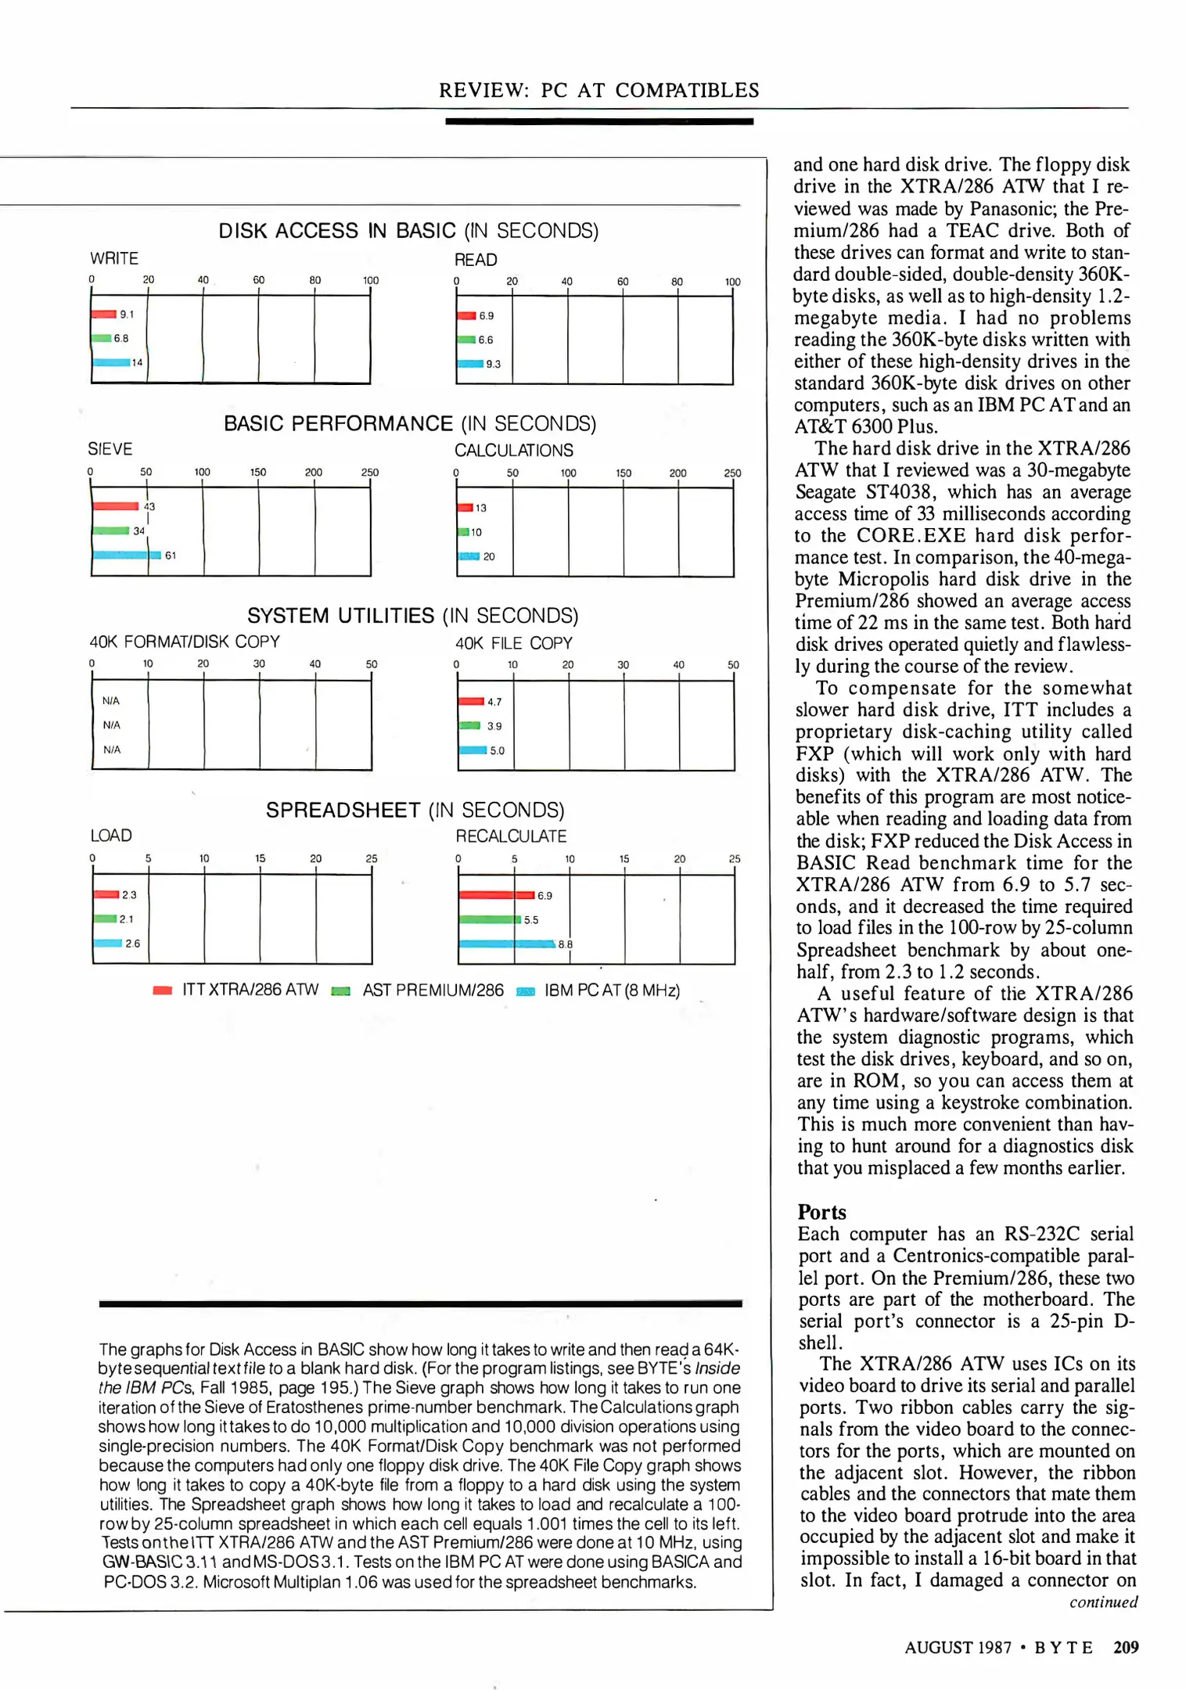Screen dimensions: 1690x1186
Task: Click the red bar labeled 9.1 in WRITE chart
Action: [104, 315]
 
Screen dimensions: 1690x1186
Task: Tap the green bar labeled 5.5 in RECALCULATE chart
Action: [489, 919]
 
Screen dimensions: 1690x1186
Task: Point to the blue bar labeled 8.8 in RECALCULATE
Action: [507, 944]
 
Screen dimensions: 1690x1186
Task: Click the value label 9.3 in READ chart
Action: [493, 365]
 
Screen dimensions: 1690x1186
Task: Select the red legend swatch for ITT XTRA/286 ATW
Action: [163, 991]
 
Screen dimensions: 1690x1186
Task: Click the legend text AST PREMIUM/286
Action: [433, 991]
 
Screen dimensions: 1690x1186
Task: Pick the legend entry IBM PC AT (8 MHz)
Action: [612, 991]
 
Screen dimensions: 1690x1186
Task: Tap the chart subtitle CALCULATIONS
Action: [513, 451]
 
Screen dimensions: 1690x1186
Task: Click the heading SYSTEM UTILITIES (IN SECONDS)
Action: [412, 616]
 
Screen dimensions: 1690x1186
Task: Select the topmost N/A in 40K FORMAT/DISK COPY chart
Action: [111, 701]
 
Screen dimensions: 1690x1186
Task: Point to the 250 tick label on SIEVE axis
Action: [370, 473]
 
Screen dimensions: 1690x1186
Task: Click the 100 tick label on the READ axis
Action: [732, 282]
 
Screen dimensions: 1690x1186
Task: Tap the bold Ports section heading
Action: [821, 1212]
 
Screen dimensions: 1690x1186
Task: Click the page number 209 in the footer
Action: [1126, 1647]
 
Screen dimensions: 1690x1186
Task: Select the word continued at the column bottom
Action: [1103, 1602]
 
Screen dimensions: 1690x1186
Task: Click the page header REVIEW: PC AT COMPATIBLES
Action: [598, 90]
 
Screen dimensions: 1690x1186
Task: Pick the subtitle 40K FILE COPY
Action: [513, 643]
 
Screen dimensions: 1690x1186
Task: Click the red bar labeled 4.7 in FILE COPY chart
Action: [471, 702]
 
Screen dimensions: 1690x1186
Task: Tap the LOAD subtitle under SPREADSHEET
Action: [111, 836]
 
